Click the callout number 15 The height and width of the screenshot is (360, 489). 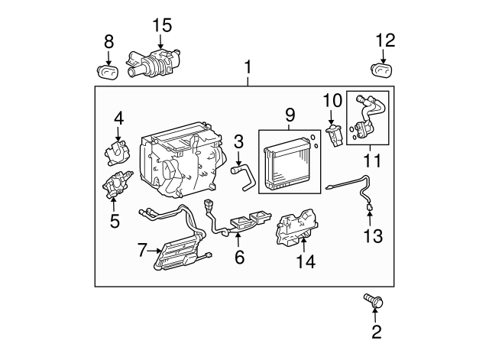click(161, 24)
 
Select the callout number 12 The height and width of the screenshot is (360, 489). click(386, 40)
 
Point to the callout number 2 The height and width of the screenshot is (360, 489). click(375, 332)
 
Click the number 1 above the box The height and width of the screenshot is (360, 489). click(247, 68)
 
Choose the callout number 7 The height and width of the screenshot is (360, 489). click(141, 250)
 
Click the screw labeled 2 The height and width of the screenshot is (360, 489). click(374, 301)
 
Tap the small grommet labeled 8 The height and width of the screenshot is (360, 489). click(109, 72)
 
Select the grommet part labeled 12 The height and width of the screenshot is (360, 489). click(381, 71)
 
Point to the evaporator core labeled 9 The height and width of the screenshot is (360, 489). click(289, 161)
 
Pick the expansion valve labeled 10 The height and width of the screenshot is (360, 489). click(333, 135)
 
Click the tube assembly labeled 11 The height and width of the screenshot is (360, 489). click(368, 118)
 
